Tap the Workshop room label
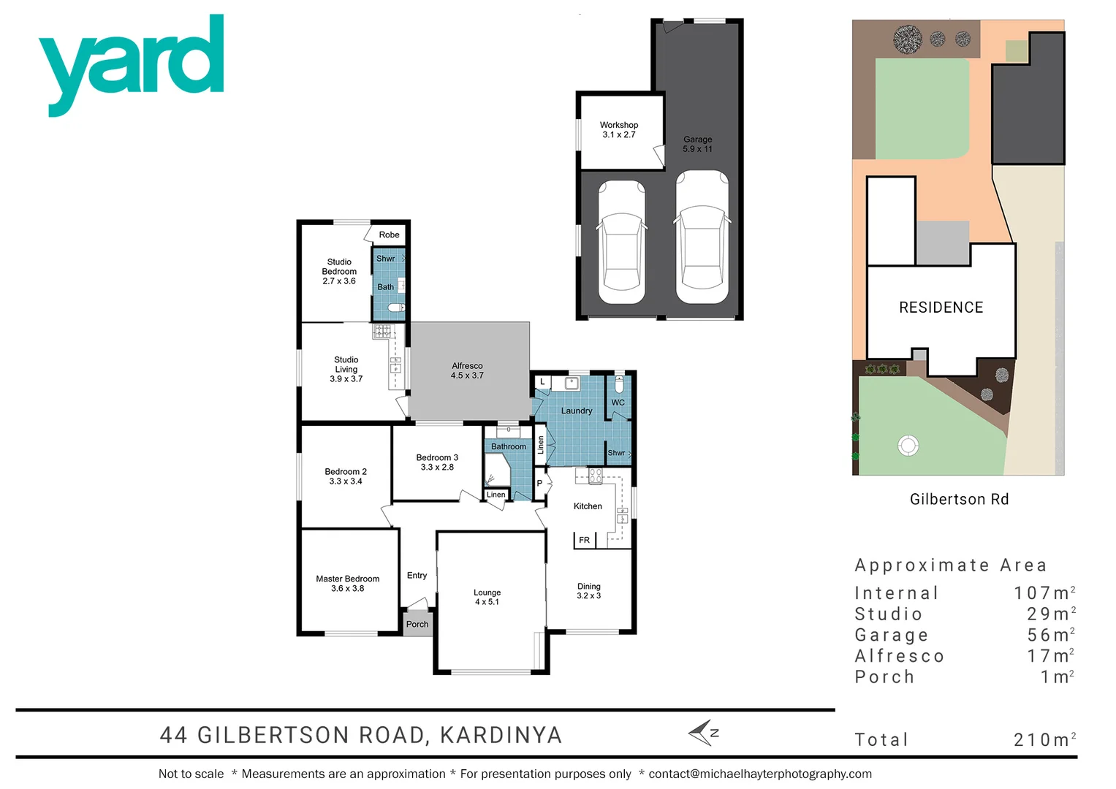tap(618, 125)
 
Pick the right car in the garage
tap(702, 237)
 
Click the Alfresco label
tap(467, 366)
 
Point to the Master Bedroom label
tap(347, 579)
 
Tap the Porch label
tap(417, 625)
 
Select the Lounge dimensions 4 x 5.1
tap(487, 602)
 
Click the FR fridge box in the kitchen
tap(584, 541)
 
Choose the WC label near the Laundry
tap(618, 403)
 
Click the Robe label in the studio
tap(389, 235)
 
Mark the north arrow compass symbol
tap(704, 733)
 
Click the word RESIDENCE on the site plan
tap(941, 308)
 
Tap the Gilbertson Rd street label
tap(959, 500)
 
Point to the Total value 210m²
tap(1044, 740)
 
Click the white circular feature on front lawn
tap(908, 445)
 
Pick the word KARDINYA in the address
tap(501, 735)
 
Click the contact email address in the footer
tap(760, 774)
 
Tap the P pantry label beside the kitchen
tap(539, 484)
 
